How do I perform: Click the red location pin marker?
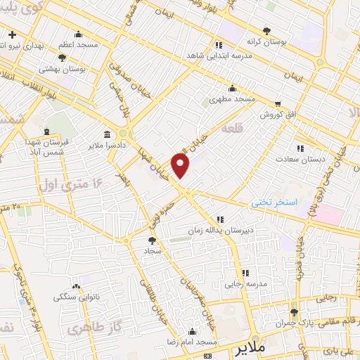point(181,165)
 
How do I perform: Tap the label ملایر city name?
point(250,348)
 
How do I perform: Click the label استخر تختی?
point(276,202)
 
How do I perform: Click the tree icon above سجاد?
point(153,240)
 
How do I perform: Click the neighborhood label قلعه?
point(232,130)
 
